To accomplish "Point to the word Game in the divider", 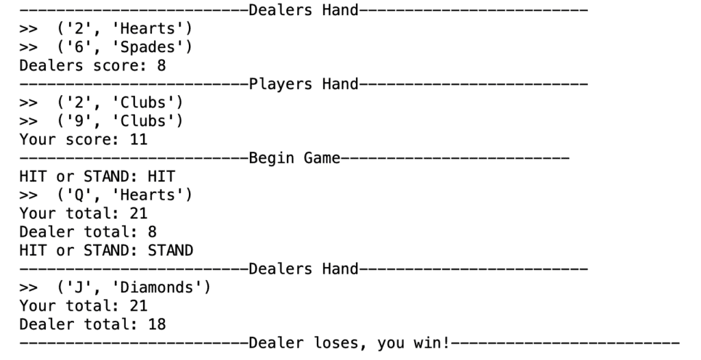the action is click(322, 158).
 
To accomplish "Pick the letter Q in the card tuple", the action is click(79, 195).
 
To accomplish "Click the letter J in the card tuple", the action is click(79, 287).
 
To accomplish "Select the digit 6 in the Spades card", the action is click(79, 47).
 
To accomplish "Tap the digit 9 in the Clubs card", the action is click(79, 120).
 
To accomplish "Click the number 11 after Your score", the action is click(138, 140).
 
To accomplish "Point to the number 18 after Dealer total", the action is click(157, 324).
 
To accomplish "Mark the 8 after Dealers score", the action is click(162, 66).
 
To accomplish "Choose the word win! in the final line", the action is click(432, 343).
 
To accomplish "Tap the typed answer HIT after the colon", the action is click(161, 176).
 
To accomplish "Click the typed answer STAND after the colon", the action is click(170, 250).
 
